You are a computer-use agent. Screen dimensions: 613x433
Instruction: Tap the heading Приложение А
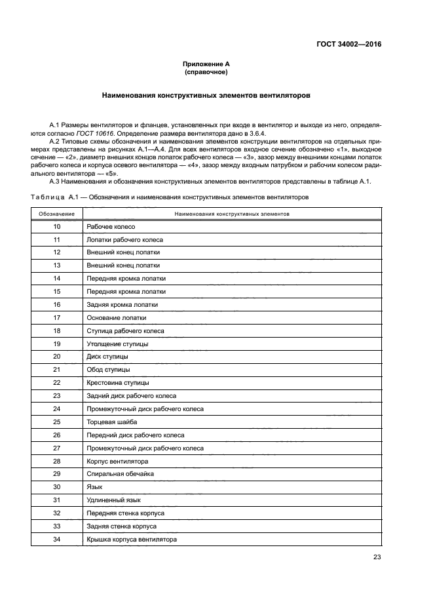coord(206,64)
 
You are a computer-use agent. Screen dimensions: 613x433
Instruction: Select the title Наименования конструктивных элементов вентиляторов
coord(206,95)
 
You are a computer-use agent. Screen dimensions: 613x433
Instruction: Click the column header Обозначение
coord(56,214)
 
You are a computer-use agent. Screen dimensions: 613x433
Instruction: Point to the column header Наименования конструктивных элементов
coord(233,214)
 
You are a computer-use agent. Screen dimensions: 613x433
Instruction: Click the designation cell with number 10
coord(56,226)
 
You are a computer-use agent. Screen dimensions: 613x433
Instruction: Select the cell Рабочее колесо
coord(111,226)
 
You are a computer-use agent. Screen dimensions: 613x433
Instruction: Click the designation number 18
coord(56,331)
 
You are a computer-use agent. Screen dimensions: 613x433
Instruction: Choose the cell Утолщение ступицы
coord(117,344)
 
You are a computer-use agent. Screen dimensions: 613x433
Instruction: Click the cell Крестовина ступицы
coord(118,383)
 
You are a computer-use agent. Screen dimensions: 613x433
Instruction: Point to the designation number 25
coord(56,422)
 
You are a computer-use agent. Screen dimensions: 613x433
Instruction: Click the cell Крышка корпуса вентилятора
coord(132,540)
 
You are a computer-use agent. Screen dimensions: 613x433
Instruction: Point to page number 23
coord(377,558)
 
